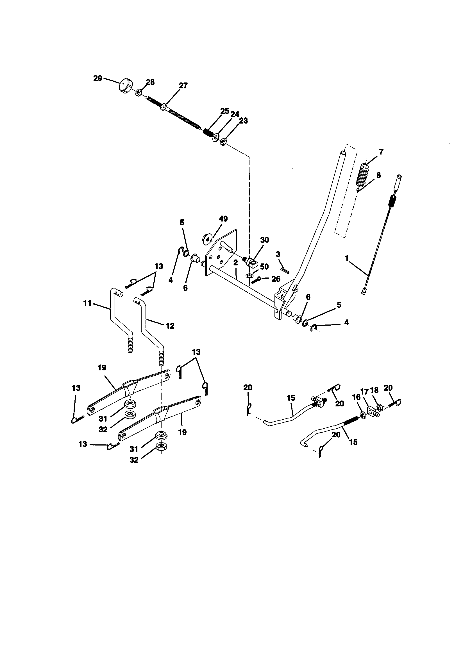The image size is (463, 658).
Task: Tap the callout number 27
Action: click(183, 85)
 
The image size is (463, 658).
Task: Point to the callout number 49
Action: click(223, 219)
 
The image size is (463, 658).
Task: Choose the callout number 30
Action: click(265, 240)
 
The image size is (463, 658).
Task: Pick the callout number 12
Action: click(170, 326)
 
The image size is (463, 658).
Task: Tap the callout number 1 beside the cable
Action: click(346, 258)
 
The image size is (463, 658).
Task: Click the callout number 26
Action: click(276, 279)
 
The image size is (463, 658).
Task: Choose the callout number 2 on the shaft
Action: click(235, 263)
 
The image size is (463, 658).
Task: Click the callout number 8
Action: click(379, 175)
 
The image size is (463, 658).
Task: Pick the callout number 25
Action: click(225, 111)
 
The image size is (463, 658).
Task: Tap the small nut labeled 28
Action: click(138, 93)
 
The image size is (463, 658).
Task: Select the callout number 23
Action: click(243, 121)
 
